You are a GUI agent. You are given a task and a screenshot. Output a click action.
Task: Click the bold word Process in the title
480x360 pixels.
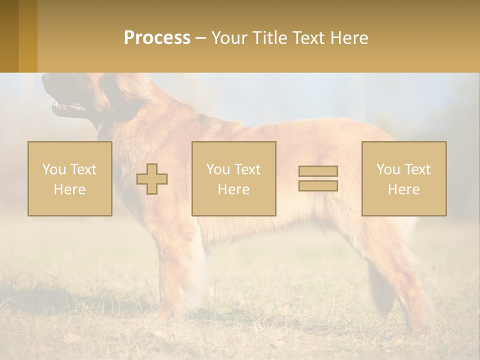[x=157, y=38]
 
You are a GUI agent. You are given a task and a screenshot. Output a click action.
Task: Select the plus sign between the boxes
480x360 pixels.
[x=152, y=179]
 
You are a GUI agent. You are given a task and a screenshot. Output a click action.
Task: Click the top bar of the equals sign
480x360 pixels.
[x=318, y=171]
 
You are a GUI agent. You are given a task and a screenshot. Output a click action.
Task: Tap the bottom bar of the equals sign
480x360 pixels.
[x=318, y=185]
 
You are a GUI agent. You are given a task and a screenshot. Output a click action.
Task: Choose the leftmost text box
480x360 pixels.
[x=70, y=178]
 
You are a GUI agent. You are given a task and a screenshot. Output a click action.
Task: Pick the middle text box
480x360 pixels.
[x=233, y=178]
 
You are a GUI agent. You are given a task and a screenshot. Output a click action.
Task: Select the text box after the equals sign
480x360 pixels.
[x=403, y=178]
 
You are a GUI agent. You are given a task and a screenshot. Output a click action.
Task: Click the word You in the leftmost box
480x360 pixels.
[x=52, y=169]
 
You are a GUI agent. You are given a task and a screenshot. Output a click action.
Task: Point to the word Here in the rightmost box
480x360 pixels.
[x=403, y=189]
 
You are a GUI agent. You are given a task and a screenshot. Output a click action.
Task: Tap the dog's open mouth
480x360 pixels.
[x=65, y=106]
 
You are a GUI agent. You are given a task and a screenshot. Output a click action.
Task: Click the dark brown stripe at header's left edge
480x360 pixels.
[x=9, y=36]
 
